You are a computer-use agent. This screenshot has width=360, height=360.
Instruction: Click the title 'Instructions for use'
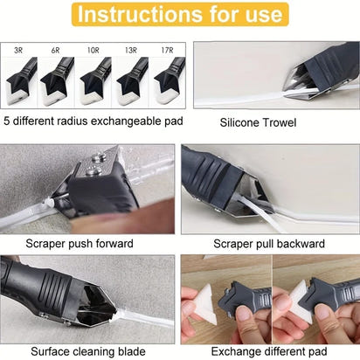pyautogui.click(x=179, y=15)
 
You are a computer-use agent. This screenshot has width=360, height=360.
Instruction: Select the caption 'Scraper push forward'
pyautogui.click(x=90, y=242)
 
